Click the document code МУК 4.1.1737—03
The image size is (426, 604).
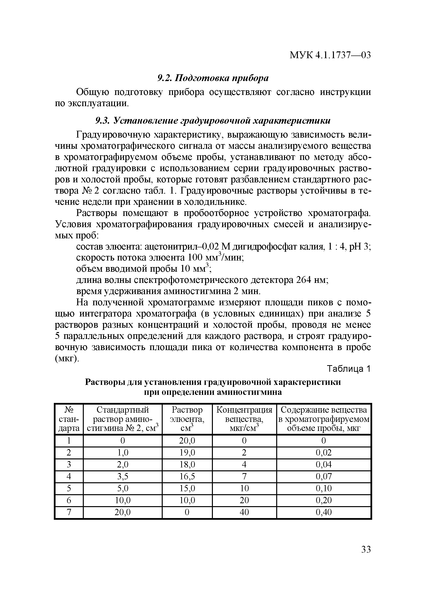pos(330,55)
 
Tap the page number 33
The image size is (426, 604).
pos(366,549)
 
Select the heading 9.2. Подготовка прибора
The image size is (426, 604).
pos(213,78)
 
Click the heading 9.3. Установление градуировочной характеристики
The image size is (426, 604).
pos(213,121)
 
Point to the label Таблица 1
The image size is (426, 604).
pos(348,369)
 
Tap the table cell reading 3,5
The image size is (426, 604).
pos(123,476)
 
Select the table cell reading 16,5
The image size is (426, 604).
pos(187,476)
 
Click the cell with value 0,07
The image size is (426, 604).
pos(324,476)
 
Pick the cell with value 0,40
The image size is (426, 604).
pos(324,512)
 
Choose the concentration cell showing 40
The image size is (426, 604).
pos(244,512)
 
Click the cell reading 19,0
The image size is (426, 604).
pos(187,453)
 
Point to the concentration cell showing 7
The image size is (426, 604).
pos(244,476)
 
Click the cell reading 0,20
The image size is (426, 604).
pos(324,500)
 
